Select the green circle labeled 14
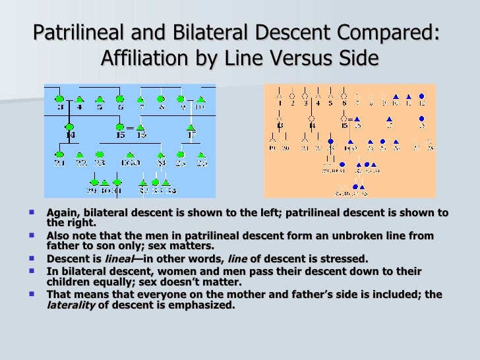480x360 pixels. point(69,126)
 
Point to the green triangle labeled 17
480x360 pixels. point(191,127)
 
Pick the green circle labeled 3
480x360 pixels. point(59,99)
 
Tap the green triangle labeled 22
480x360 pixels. point(80,155)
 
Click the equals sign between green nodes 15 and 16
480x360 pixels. point(131,127)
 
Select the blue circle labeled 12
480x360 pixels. point(422,96)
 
